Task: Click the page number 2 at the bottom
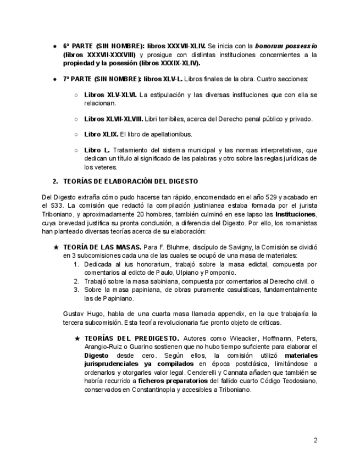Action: pos(315,440)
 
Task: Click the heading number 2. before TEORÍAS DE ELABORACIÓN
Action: pos(55,181)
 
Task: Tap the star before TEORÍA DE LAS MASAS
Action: pos(56,248)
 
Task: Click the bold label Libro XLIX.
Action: pos(101,134)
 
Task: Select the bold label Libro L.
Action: pos(97,149)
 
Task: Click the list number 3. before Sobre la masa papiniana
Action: pos(77,290)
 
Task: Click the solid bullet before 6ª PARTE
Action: pos(56,46)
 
